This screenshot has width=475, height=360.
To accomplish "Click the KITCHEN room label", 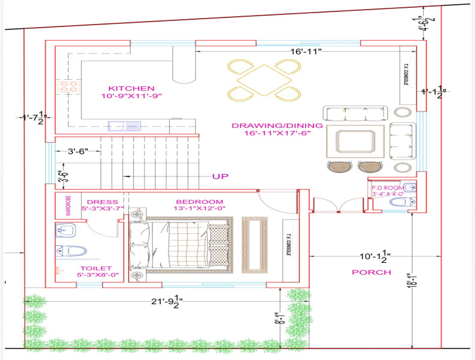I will coord(132,88).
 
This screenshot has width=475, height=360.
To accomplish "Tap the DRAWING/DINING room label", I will coord(277,126).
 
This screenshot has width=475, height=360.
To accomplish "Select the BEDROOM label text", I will coord(199,202).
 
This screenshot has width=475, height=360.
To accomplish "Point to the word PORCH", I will coord(371,272).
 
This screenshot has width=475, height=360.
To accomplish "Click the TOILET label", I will coord(96,268).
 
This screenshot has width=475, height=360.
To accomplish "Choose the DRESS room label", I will coord(102,202).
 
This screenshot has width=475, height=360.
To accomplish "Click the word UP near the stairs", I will coord(220,176).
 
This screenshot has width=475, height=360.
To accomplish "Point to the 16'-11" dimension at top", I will coord(306,52).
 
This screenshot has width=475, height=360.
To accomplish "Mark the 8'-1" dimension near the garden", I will coord(277,317).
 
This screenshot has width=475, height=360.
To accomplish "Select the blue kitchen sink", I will coord(124,126).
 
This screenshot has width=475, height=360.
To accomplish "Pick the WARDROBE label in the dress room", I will coord(68,206).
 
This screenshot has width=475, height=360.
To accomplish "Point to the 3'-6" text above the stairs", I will coord(79,152).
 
